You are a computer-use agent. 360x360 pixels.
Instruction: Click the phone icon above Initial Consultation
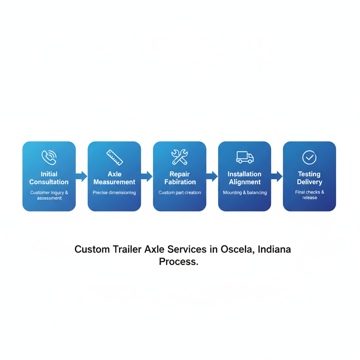pos(49,157)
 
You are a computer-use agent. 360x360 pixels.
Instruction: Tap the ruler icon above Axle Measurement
pos(115,157)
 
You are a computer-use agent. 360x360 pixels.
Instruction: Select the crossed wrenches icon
pos(180,157)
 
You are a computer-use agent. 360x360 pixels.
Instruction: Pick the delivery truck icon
pos(245,157)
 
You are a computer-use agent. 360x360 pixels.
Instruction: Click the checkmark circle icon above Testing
pos(309,157)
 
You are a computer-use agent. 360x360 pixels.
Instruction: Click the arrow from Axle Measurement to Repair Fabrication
pos(147,176)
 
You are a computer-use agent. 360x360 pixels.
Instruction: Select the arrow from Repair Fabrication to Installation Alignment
pos(212,176)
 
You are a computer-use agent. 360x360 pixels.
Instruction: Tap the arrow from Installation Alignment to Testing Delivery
pos(277,176)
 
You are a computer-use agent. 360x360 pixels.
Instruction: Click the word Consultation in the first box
pos(49,182)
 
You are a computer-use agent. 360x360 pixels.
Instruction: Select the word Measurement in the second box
pos(114,182)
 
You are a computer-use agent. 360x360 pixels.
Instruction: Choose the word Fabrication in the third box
pos(180,182)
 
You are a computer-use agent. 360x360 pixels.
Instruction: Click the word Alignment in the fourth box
pos(245,182)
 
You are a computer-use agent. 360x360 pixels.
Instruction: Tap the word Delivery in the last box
pos(309,182)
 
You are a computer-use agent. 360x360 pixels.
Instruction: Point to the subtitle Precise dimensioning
pos(114,193)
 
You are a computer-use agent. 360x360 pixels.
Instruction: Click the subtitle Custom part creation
pos(180,193)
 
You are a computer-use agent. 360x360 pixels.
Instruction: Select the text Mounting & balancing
pos(245,193)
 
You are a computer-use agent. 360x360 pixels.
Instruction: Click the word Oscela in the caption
pos(237,249)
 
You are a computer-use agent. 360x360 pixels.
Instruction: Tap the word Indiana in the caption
pos(274,249)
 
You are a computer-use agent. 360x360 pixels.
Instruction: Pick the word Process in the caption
pos(178,262)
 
